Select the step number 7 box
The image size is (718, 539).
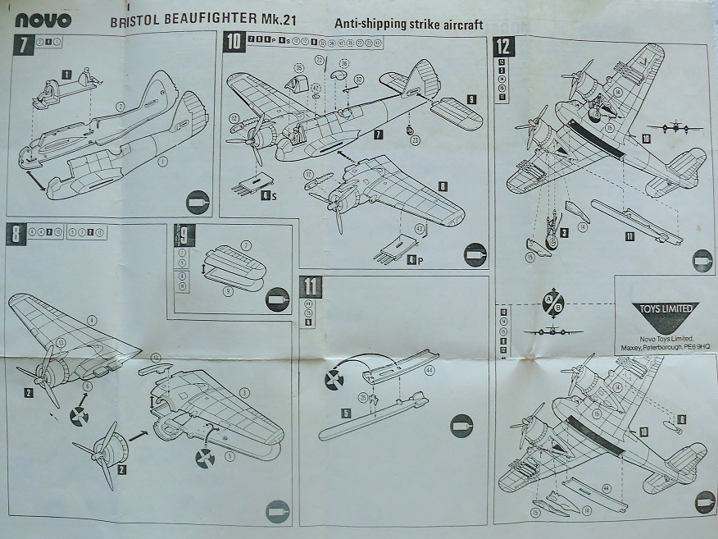22,45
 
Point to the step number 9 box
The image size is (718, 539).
184,237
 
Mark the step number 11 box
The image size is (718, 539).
311,287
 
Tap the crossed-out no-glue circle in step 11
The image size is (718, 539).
334,378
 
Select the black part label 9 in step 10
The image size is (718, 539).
471,99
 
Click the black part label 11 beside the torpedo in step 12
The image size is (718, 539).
629,236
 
